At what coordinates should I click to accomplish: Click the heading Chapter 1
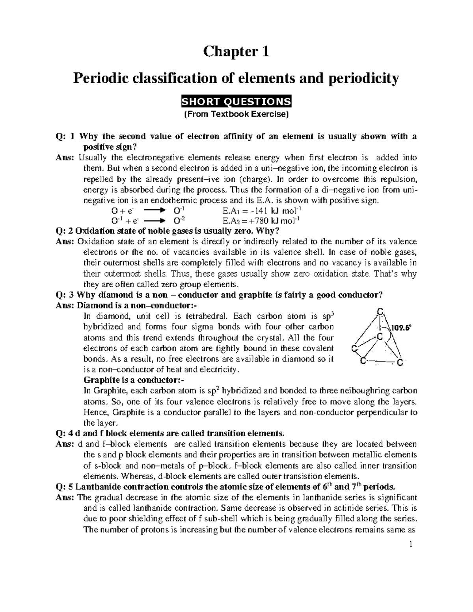236,52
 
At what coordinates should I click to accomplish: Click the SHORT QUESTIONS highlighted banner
236,102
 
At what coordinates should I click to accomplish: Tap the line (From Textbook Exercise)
236,115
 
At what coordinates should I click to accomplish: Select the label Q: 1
65,137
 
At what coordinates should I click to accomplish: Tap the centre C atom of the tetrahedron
380,337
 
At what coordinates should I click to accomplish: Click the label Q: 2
65,231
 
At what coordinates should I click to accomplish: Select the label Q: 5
65,486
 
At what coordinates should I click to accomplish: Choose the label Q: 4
65,434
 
